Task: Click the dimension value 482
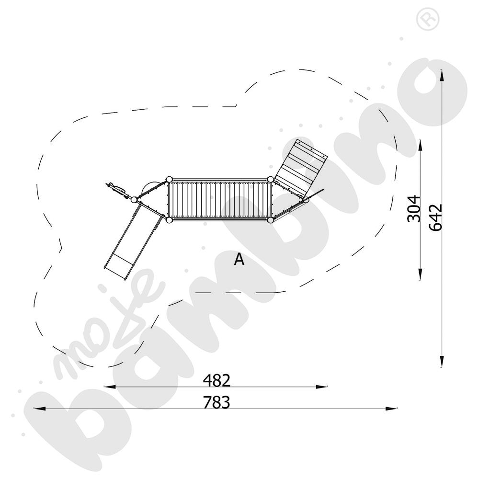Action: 217,380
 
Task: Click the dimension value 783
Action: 217,402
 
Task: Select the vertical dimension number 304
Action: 414,209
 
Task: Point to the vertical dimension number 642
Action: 435,217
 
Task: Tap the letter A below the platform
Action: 239,259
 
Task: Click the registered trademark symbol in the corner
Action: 428,19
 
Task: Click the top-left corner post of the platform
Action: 169,179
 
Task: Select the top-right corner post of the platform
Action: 270,179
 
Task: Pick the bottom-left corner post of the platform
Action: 169,220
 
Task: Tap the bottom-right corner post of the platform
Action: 270,220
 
